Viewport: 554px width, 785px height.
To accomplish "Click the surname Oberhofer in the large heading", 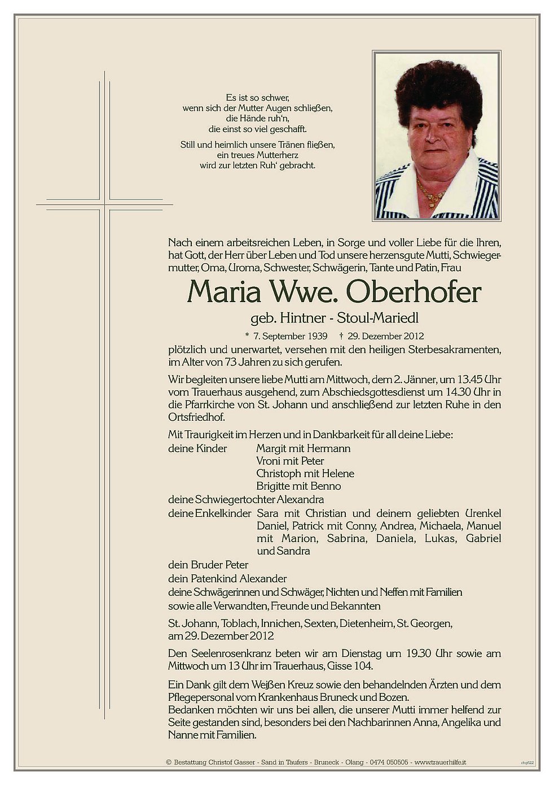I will pyautogui.click(x=414, y=292).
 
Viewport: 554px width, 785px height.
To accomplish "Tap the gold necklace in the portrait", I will pyautogui.click(x=431, y=195).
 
